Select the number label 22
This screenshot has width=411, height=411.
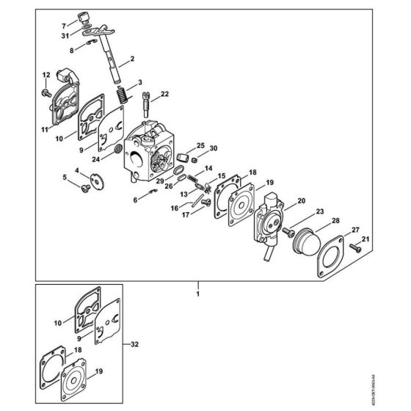(x=164, y=93)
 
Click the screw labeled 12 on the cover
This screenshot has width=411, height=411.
(x=46, y=92)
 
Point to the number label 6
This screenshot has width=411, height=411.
(x=134, y=200)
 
